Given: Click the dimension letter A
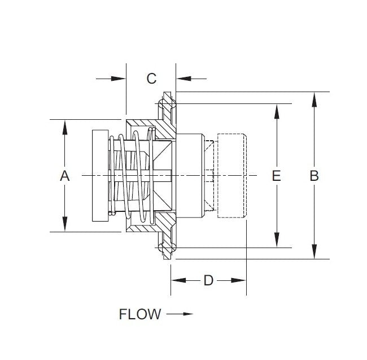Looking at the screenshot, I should point(65,176).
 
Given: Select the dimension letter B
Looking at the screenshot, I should point(314,176).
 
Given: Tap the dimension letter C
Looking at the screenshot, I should point(151,79).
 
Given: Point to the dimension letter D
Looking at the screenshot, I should point(208,280).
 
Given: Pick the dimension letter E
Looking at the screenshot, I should point(276,176).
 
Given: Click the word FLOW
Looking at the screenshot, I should point(140,314).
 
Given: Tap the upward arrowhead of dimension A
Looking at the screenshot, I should point(65,127).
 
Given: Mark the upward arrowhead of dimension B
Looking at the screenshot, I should point(314,99).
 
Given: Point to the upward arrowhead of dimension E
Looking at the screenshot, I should point(276,111).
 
